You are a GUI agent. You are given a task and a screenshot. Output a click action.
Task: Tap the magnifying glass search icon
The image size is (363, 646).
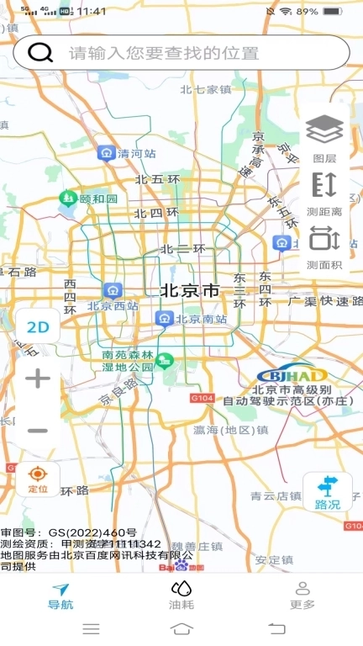39,52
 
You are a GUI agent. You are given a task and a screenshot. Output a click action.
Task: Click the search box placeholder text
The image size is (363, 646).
164,53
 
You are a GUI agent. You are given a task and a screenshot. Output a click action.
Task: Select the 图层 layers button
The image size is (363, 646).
324,137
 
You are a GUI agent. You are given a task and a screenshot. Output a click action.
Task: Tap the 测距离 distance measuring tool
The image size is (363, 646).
324,193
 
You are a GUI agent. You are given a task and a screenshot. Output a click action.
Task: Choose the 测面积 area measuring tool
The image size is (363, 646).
324,246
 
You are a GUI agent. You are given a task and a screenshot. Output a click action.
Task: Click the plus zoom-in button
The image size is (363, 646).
38,379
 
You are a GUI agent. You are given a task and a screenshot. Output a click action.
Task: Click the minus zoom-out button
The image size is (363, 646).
38,431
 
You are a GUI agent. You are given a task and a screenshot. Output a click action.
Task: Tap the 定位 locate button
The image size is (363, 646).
38,479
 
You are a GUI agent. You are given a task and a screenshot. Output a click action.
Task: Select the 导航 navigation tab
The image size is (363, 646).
60,596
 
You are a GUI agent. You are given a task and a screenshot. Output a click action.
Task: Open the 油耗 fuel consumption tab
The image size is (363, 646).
181,596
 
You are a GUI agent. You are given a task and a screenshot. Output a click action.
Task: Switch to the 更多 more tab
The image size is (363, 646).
302,596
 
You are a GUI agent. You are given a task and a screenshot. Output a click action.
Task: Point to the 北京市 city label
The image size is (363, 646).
189,290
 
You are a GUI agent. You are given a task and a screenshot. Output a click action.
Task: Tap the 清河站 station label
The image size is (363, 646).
137,154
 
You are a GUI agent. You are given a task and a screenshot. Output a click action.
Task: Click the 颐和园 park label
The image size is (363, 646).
98,199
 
